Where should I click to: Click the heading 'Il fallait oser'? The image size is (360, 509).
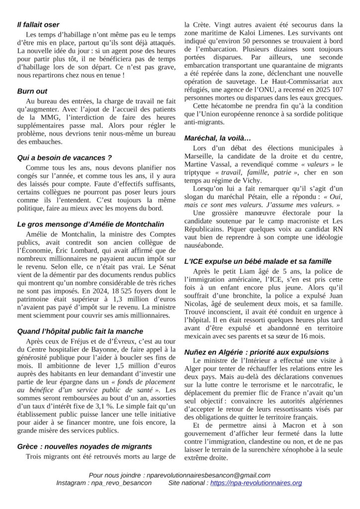coord(38,24)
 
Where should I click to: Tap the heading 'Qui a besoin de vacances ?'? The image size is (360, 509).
coord(64,158)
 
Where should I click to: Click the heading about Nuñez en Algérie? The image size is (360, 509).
coord(256,352)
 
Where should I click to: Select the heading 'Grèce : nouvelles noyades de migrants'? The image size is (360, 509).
coord(84,446)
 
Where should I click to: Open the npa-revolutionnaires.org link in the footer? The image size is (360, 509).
coord(256,483)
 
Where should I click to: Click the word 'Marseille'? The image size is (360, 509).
coord(200,157)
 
